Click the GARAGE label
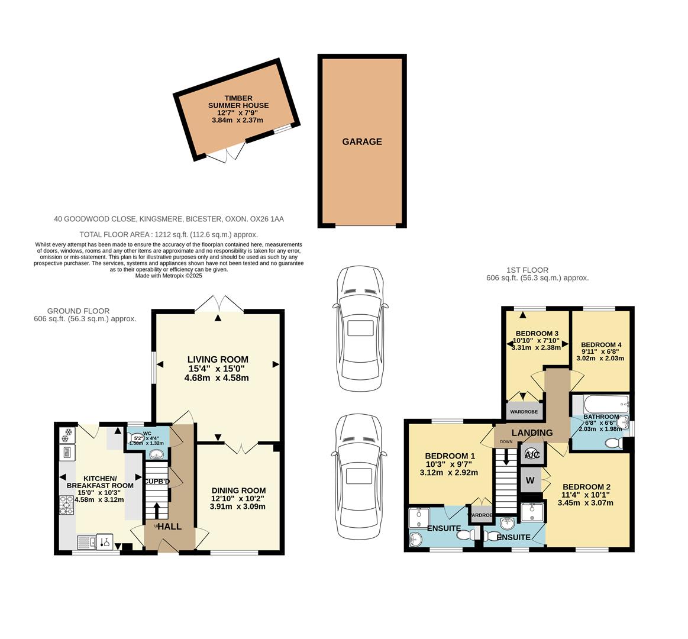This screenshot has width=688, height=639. (361, 142)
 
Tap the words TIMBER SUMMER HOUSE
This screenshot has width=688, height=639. (238, 102)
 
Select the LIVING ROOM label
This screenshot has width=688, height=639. (218, 359)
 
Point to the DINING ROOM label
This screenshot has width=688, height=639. (238, 490)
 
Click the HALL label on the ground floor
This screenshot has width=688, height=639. (169, 527)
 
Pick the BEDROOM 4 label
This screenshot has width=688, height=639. (601, 345)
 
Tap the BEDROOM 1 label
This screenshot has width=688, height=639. (450, 456)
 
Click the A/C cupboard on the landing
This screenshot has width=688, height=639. (529, 455)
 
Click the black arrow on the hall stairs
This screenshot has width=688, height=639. (157, 511)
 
